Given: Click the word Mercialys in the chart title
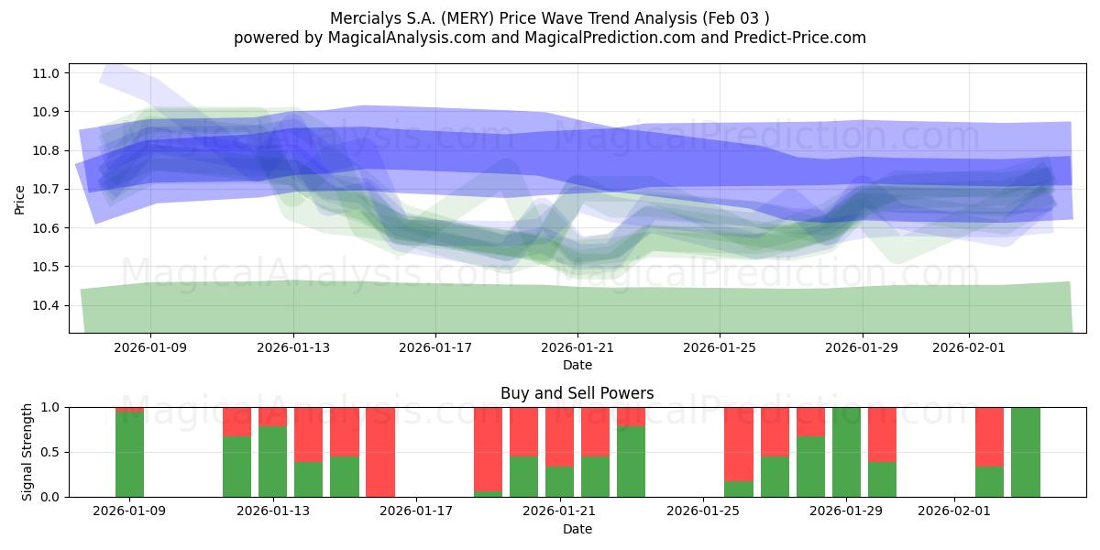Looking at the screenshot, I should click(361, 17).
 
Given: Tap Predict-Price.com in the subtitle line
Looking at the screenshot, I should click(797, 38).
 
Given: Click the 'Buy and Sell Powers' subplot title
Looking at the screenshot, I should click(577, 393).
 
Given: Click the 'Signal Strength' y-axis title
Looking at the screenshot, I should click(27, 451).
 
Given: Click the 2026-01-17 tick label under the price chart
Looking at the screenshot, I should click(435, 347).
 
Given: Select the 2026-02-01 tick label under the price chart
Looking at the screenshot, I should click(969, 347).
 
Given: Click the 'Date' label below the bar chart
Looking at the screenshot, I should click(577, 529).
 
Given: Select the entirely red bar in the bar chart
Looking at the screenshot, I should click(380, 452).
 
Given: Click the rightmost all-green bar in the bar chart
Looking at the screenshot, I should click(1025, 452).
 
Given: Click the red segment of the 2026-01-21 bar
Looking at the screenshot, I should click(559, 436).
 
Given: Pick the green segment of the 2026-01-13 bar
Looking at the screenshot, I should click(272, 461).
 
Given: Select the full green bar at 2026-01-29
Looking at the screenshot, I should click(846, 452).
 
